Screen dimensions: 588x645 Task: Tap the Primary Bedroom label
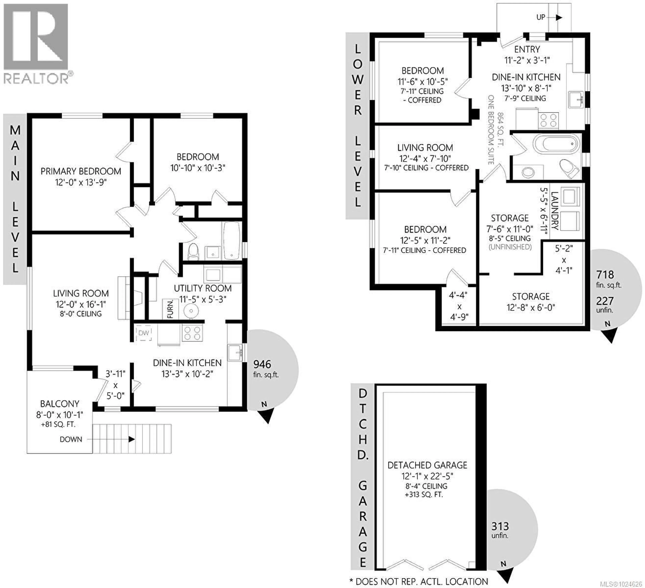pyautogui.click(x=81, y=171)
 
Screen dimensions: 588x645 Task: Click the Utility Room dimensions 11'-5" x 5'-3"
pyautogui.click(x=203, y=299)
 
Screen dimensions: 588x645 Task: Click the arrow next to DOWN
pyautogui.click(x=131, y=439)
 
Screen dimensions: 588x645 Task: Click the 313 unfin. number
pyautogui.click(x=500, y=526)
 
